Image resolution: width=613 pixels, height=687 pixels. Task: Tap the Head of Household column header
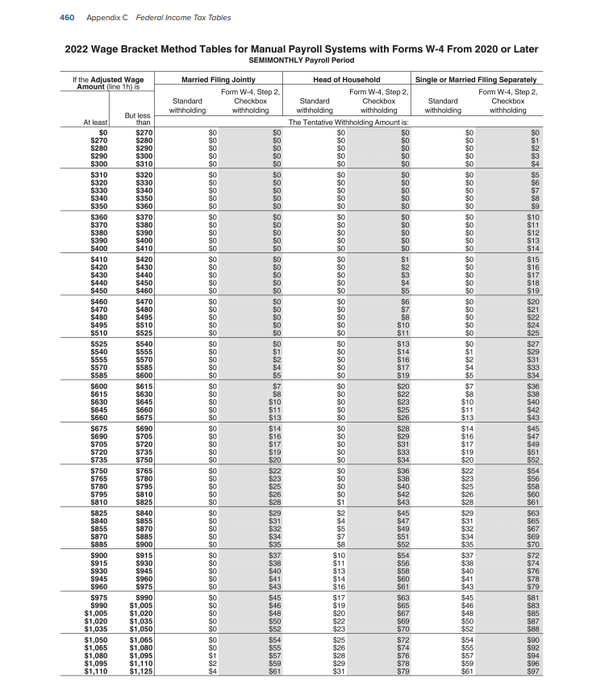pyautogui.click(x=347, y=80)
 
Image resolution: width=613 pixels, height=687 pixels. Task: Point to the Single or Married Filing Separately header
pyautogui.click(x=476, y=80)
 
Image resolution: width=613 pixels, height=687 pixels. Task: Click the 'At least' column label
pyautogui.click(x=94, y=123)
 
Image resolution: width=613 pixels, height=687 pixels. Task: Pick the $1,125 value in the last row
pyautogui.click(x=140, y=671)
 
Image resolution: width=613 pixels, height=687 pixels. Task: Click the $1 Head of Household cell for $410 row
pyautogui.click(x=405, y=260)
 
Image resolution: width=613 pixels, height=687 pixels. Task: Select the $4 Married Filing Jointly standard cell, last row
pyautogui.click(x=214, y=671)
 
